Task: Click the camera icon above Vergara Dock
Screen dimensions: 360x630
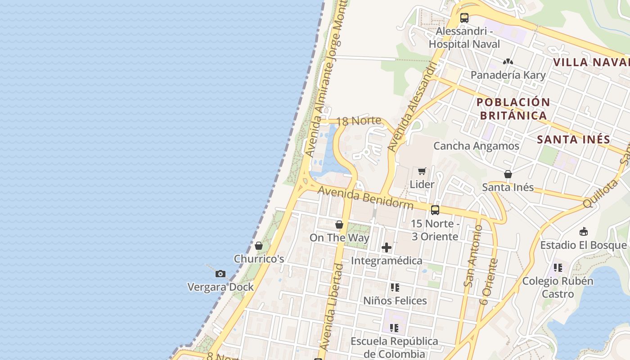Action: pos(220,274)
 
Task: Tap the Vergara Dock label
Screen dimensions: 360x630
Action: pos(220,287)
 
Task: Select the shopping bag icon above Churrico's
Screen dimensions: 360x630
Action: pos(259,246)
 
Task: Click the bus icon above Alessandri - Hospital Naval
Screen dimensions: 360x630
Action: pos(464,18)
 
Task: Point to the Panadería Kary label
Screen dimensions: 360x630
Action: pos(508,75)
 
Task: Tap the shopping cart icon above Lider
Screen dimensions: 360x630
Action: pos(422,171)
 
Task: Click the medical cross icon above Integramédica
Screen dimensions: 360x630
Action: pos(387,247)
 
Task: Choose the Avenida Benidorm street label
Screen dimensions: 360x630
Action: pos(365,198)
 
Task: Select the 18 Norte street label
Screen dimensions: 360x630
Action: pos(359,121)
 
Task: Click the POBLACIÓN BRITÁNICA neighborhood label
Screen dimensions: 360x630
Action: pos(513,108)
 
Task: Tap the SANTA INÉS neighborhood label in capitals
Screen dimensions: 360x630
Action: pos(573,139)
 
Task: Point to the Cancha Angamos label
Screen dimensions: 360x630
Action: pos(476,146)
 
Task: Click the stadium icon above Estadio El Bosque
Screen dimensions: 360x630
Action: pos(584,232)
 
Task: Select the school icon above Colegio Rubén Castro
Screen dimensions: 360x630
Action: pos(558,268)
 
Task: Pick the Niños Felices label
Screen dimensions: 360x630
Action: pos(395,300)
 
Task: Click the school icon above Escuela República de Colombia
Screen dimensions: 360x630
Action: pos(394,328)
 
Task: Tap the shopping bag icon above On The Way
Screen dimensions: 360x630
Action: pos(339,225)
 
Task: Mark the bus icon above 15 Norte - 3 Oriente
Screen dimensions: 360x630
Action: pos(435,210)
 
